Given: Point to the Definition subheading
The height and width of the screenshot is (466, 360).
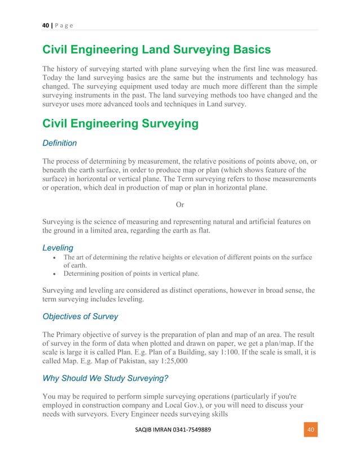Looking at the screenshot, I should coord(59,143).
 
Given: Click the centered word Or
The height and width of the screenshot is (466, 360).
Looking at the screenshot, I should coord(179,205).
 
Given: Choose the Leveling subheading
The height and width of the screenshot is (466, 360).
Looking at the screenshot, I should coord(58,247).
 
